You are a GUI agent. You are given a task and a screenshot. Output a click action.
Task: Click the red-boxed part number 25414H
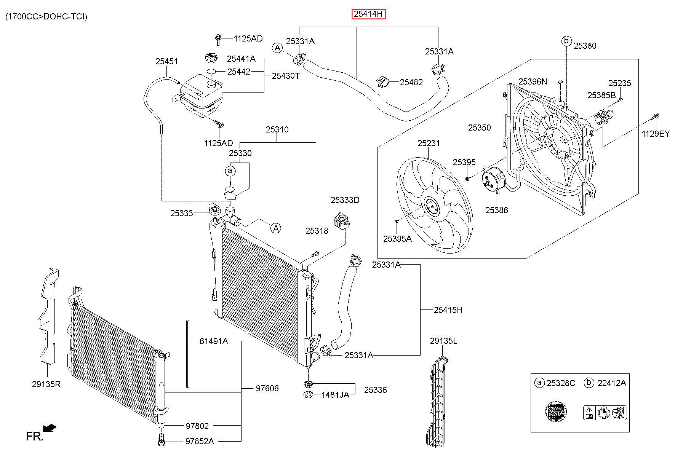(x=368, y=14)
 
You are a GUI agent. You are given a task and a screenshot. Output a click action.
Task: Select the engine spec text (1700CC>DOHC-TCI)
(x=46, y=16)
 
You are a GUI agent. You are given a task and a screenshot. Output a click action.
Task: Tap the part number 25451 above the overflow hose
(x=166, y=61)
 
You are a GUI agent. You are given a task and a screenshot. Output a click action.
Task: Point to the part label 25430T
(x=286, y=76)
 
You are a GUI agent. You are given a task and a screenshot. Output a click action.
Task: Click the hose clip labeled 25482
(x=383, y=81)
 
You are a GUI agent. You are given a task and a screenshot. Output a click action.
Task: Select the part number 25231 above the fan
(x=429, y=143)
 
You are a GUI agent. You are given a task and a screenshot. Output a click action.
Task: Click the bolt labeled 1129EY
(x=655, y=116)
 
